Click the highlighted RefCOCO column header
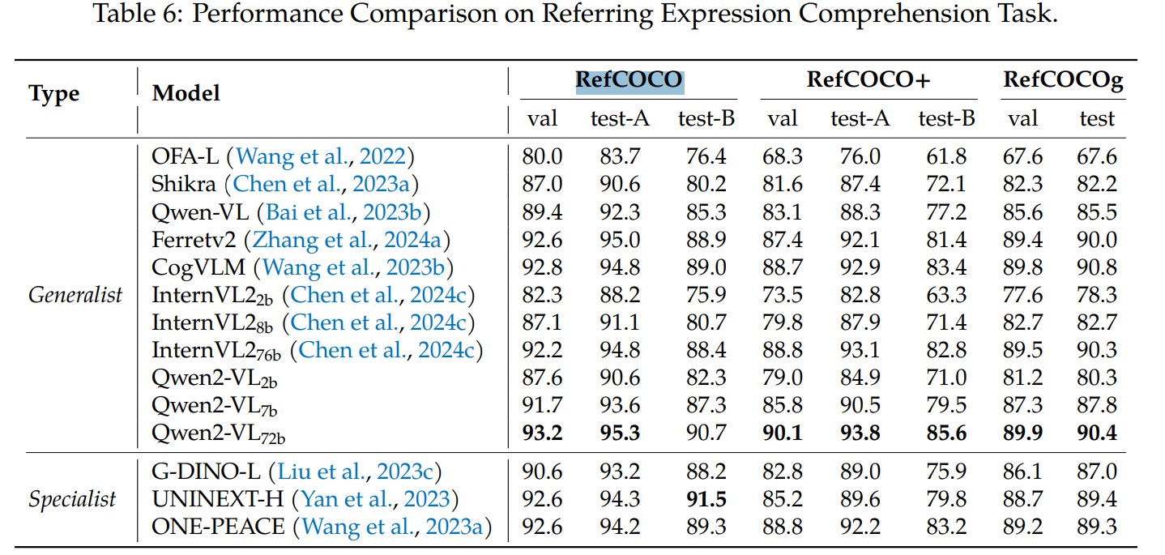pos(629,81)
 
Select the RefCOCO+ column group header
pos(868,80)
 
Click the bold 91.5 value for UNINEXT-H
pos(706,499)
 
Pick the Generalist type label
pos(75,295)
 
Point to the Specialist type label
pos(72,500)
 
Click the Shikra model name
pos(184,184)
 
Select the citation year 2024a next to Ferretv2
pos(412,240)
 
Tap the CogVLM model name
pos(198,267)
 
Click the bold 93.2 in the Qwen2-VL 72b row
pos(542,433)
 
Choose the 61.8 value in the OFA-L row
pos(945,156)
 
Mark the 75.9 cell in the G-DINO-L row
pos(945,472)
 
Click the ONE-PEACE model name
pos(218,527)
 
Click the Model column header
pos(186,94)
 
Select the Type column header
pos(54,95)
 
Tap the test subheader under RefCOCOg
pos(1097,118)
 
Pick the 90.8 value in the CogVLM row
pos(1097,267)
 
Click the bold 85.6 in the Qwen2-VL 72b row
pos(946,433)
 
